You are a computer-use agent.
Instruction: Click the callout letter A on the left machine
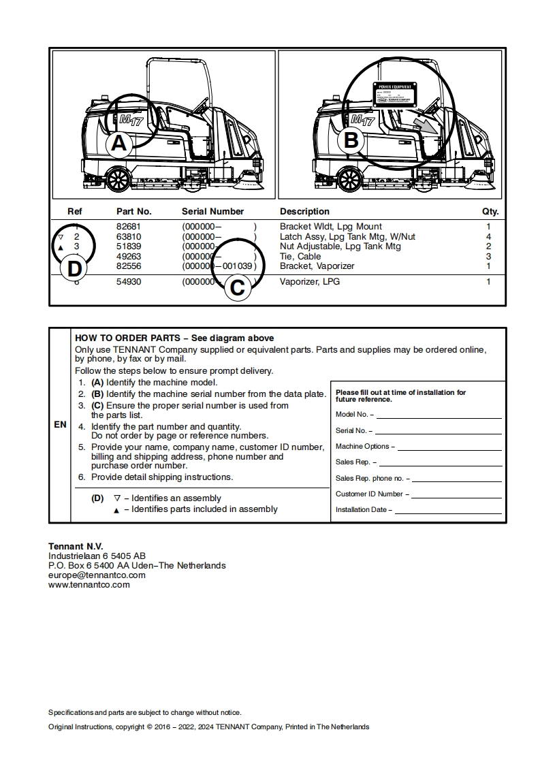pos(119,144)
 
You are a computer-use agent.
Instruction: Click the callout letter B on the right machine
pos(351,140)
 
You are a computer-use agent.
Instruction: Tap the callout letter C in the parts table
pos(237,287)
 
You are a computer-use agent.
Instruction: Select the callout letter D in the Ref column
pos(74,268)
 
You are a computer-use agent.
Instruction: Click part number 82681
pos(129,226)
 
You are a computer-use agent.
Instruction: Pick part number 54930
pos(129,281)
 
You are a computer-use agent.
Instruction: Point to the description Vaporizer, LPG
pos(310,281)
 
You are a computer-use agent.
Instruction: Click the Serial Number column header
pos(212,211)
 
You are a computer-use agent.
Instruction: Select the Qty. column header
pos(490,211)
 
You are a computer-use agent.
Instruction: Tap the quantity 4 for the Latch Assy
pos(488,236)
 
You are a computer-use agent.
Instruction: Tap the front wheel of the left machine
pos(118,179)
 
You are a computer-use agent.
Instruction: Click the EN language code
pos(60,424)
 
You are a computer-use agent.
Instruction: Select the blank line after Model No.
pos(439,415)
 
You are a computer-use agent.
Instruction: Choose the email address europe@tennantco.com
pos(97,575)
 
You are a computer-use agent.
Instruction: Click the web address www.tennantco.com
pos(89,584)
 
